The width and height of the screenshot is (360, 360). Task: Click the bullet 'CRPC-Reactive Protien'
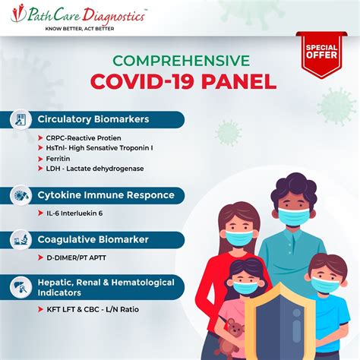tap(84, 137)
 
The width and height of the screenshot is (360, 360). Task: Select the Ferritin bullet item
tap(59, 158)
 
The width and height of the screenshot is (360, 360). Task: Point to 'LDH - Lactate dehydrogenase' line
tap(95, 168)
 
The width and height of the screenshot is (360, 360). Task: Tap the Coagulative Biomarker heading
tap(93, 240)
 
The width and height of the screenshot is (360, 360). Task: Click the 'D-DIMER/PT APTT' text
tap(77, 260)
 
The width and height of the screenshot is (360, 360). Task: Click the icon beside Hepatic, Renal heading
tap(20, 286)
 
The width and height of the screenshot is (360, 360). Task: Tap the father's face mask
tap(292, 217)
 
